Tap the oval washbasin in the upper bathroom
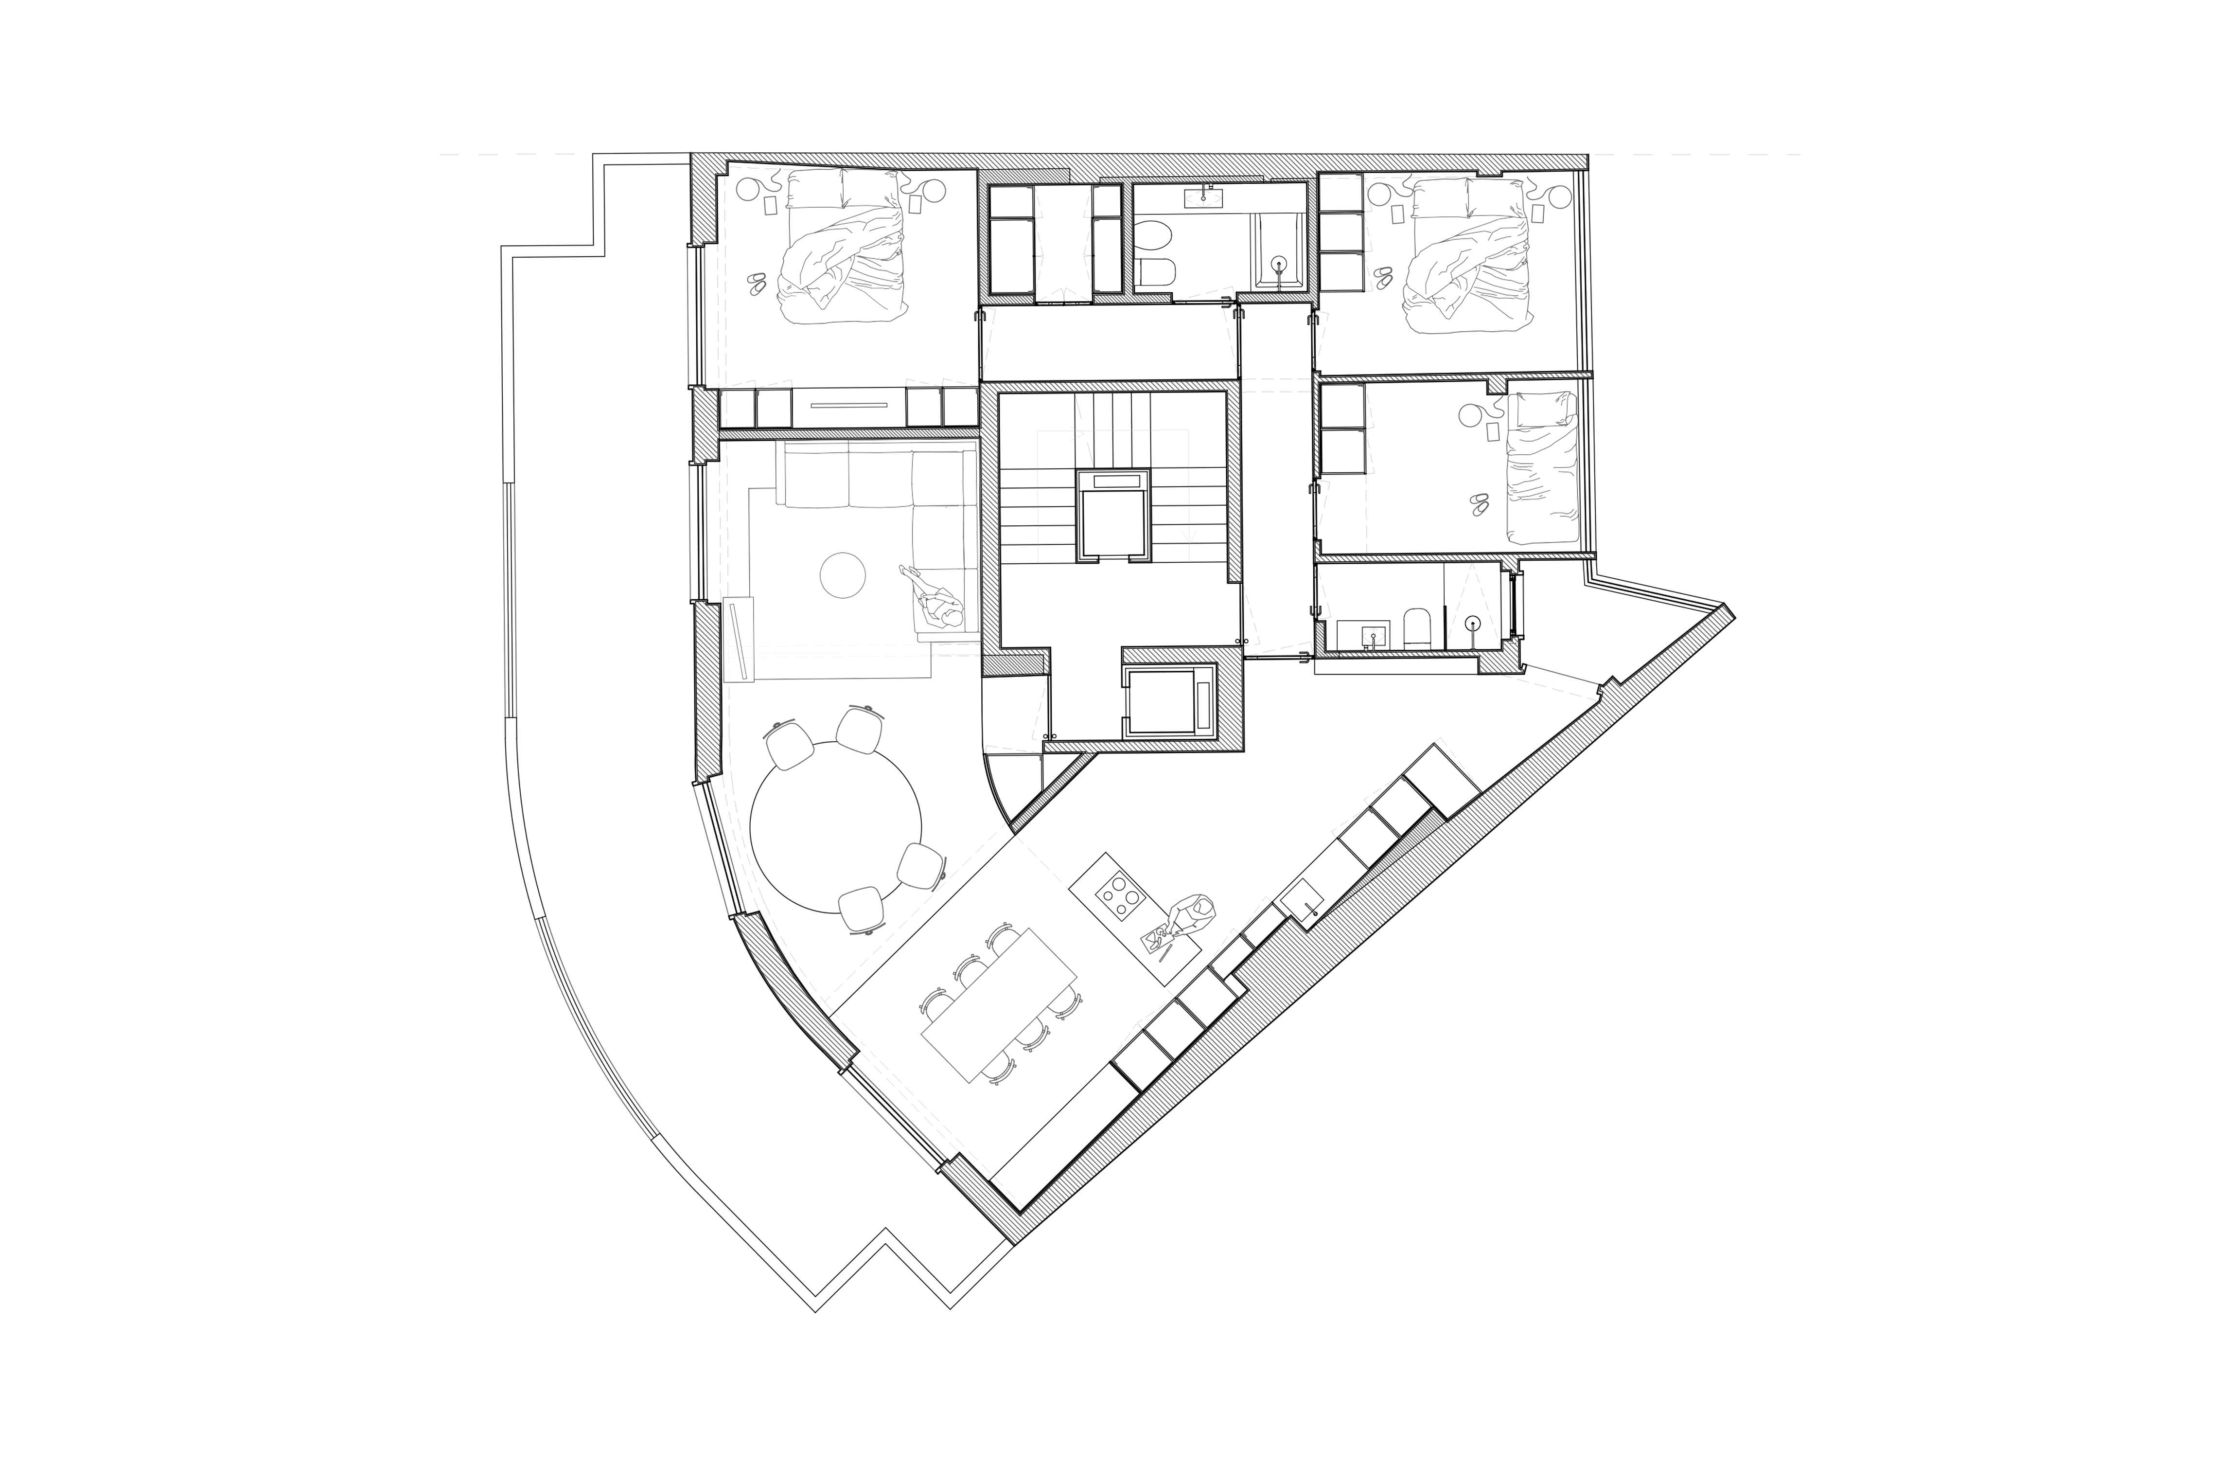(1203, 198)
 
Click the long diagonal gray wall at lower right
(1365, 932)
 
